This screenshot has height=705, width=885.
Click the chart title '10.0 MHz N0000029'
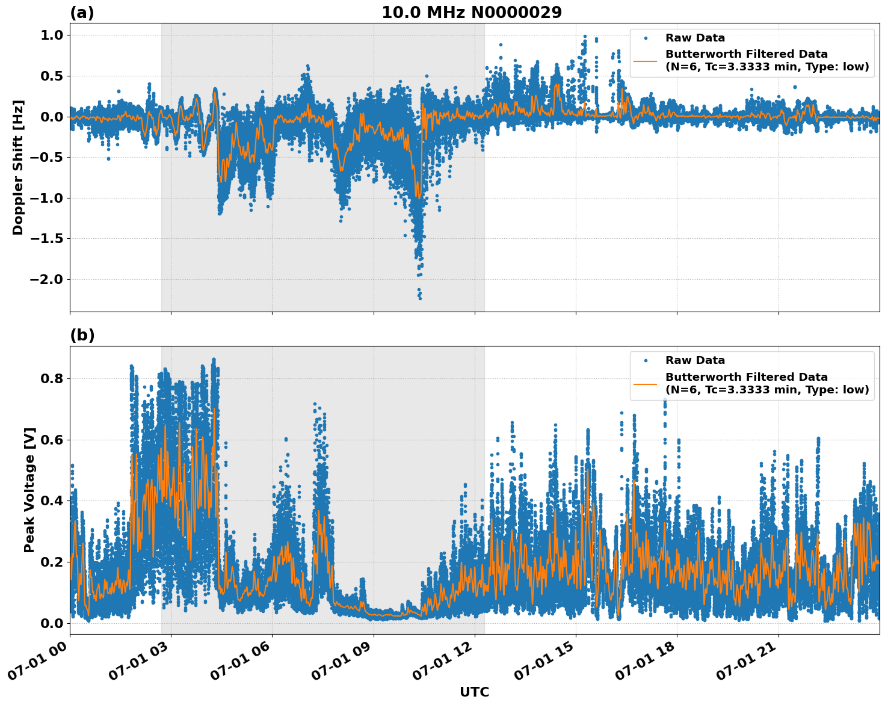pyautogui.click(x=472, y=13)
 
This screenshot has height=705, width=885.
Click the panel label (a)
pyautogui.click(x=82, y=13)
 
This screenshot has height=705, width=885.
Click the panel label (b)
pyautogui.click(x=82, y=335)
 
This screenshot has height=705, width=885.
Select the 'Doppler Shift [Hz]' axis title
pyautogui.click(x=18, y=167)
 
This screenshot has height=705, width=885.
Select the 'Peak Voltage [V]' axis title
pyautogui.click(x=29, y=490)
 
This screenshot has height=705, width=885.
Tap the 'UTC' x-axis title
pyautogui.click(x=474, y=692)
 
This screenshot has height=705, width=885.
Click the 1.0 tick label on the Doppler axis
pyautogui.click(x=51, y=35)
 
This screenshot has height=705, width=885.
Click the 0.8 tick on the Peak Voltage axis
pyautogui.click(x=51, y=379)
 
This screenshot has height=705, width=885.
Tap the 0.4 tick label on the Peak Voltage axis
pyautogui.click(x=51, y=501)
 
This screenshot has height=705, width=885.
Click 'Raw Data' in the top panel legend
pyautogui.click(x=695, y=38)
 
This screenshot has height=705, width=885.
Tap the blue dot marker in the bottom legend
pyautogui.click(x=646, y=360)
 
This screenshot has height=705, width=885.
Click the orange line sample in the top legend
pyautogui.click(x=646, y=61)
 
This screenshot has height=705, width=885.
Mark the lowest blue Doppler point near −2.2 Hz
pyautogui.click(x=420, y=298)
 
